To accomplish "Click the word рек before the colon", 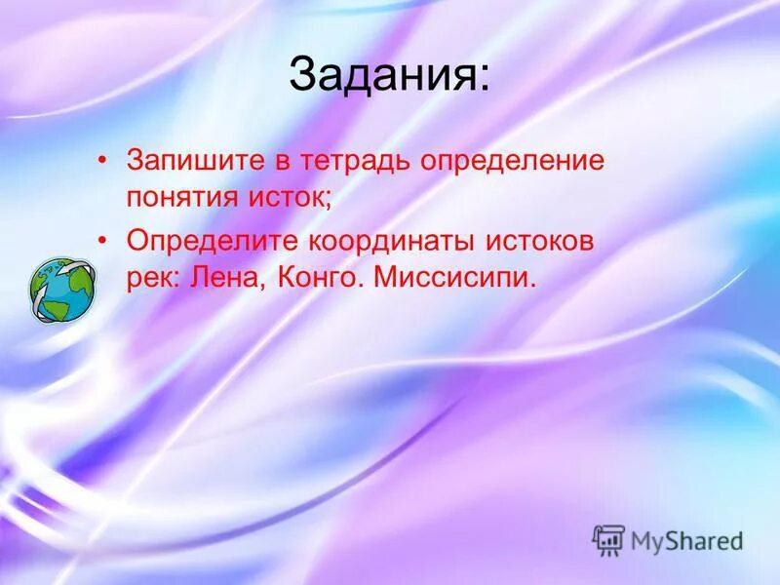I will point(148,278).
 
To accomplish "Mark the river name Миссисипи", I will point(453,278).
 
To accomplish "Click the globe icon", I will point(63,288).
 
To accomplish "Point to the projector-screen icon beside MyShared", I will point(608,539).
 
